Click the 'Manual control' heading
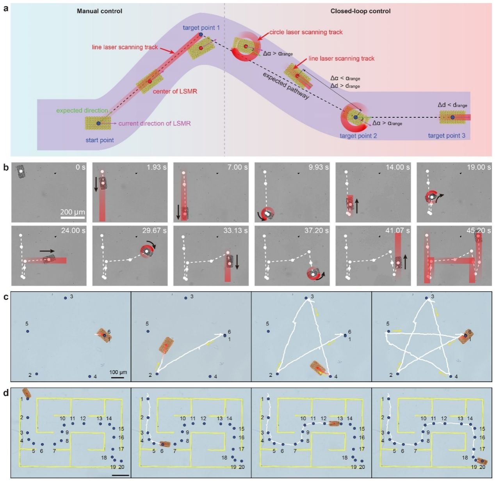coord(100,11)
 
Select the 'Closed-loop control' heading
coord(360,11)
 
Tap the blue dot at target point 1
coord(201,34)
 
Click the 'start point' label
coord(100,140)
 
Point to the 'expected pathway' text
coord(286,86)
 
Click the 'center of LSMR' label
coord(175,91)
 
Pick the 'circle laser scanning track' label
coord(306,32)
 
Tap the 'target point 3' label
coord(447,136)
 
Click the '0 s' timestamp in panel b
coord(80,167)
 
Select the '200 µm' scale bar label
coord(73,212)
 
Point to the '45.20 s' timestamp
coord(479,230)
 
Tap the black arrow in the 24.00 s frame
coord(47,251)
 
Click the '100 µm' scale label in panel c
coord(118,372)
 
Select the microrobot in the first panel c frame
coord(104,335)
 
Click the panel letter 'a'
coord(6,9)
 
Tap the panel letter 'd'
coord(6,393)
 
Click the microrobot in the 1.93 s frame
coord(103,183)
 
